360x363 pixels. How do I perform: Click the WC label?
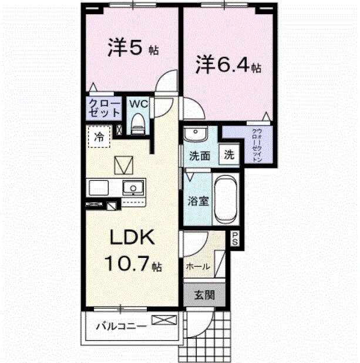pyautogui.click(x=137, y=104)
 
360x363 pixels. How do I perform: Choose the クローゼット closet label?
pyautogui.click(x=104, y=109)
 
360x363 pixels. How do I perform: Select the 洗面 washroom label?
pyautogui.click(x=200, y=156)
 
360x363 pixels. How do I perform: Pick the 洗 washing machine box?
pyautogui.click(x=230, y=156)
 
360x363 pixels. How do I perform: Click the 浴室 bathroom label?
pyautogui.click(x=198, y=201)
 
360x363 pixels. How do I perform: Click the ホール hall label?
pyautogui.click(x=198, y=266)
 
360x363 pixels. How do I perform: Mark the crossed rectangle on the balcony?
pyautogui.click(x=163, y=321)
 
